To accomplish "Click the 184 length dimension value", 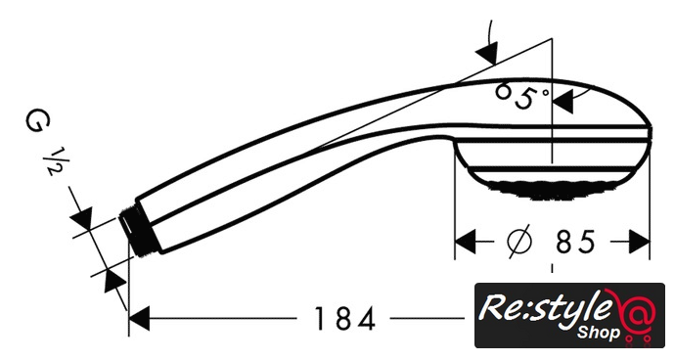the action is point(344,319).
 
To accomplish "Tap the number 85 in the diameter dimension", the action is point(575,242).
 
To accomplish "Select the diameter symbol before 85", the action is point(520,242).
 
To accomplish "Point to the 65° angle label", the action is point(522,96).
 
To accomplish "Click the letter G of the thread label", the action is point(38,121).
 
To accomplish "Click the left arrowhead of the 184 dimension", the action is point(139,319).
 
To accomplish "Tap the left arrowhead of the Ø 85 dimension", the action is point(466,242).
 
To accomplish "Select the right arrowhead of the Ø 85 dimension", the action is point(639,242).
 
